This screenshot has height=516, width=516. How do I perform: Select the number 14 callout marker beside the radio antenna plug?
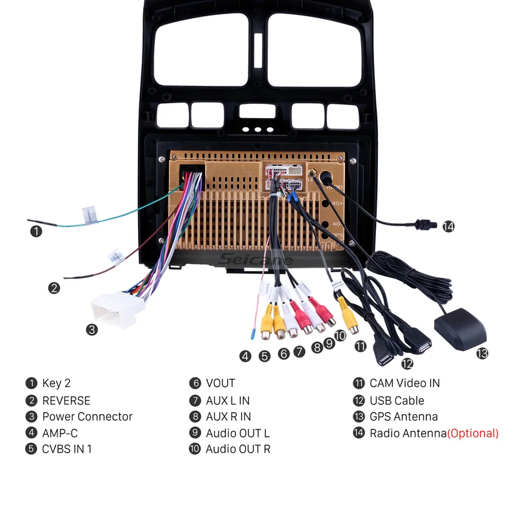pyautogui.click(x=448, y=226)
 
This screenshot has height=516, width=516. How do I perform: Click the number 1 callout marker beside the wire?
pyautogui.click(x=36, y=230)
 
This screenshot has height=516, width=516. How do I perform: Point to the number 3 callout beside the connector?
pyautogui.click(x=92, y=330)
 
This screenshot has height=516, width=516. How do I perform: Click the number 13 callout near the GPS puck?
pyautogui.click(x=482, y=353)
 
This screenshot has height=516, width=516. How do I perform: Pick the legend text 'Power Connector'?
pyautogui.click(x=87, y=417)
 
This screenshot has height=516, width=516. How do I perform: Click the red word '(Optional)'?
pyautogui.click(x=473, y=433)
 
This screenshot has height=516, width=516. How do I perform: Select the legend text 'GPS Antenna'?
pyautogui.click(x=404, y=417)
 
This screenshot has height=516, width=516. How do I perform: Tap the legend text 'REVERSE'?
pyautogui.click(x=66, y=401)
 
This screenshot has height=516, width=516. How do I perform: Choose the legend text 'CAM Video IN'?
pyautogui.click(x=404, y=383)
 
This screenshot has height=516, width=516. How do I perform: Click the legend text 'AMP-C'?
pyautogui.click(x=60, y=433)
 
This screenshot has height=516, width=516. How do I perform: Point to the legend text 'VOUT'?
pyautogui.click(x=221, y=383)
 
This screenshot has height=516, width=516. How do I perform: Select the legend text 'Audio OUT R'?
pyautogui.click(x=238, y=450)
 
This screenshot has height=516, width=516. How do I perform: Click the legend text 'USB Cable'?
pyautogui.click(x=397, y=401)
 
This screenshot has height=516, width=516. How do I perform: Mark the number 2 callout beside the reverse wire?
pyautogui.click(x=54, y=288)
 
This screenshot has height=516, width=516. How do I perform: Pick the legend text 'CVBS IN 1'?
pyautogui.click(x=67, y=450)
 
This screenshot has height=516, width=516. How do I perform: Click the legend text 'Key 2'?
pyautogui.click(x=56, y=383)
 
